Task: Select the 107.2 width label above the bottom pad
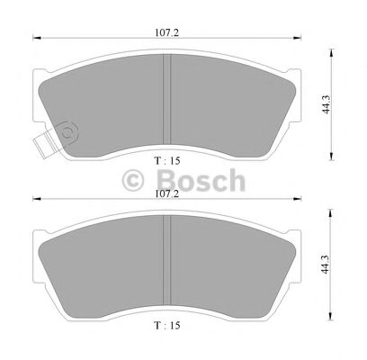(x=164, y=193)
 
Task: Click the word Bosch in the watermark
(x=200, y=179)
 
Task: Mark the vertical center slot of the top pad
(x=166, y=98)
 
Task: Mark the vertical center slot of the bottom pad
(x=166, y=263)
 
